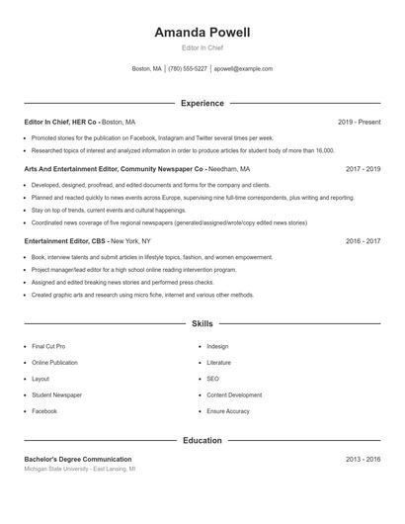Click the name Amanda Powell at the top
[x=202, y=33]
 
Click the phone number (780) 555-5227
[x=188, y=69]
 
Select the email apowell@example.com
[x=243, y=69]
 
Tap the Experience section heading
[x=202, y=103]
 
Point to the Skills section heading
[x=202, y=323]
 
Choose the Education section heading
[x=202, y=440]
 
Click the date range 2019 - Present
[x=359, y=122]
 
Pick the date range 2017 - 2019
[x=363, y=169]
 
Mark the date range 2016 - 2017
[x=363, y=241]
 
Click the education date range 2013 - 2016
[x=363, y=460]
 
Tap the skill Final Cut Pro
[x=48, y=347]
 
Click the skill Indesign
[x=217, y=347]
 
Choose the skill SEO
[x=212, y=379]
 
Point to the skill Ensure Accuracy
[x=228, y=410]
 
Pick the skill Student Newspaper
[x=57, y=394]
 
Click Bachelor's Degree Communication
[x=78, y=460]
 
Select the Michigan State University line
[x=80, y=470]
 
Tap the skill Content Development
[x=234, y=394]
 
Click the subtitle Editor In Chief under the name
[x=202, y=48]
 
